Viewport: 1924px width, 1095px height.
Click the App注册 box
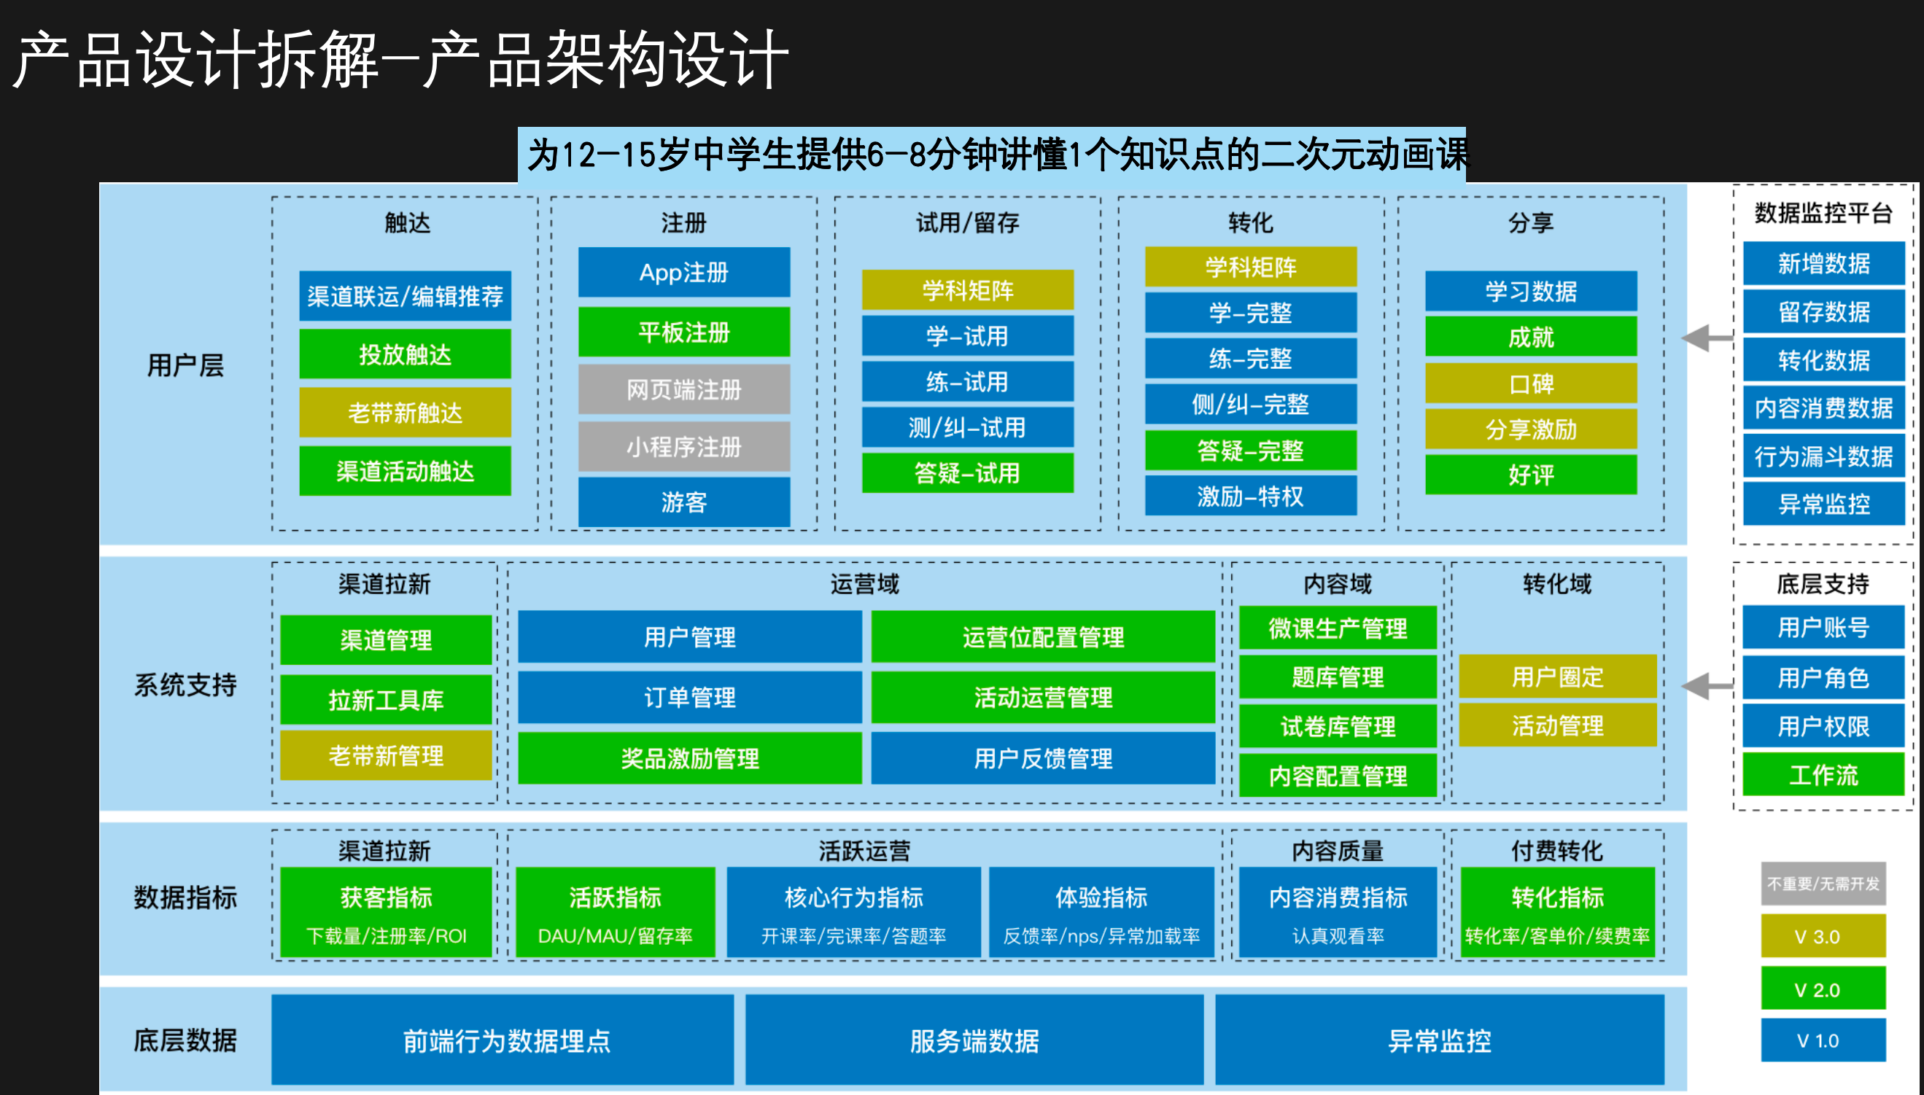tap(683, 272)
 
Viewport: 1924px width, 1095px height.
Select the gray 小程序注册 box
tap(683, 447)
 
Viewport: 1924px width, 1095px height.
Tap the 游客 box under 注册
tap(683, 502)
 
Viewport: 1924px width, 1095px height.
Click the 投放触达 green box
tap(405, 354)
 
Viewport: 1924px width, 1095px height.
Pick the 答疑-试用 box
tap(967, 473)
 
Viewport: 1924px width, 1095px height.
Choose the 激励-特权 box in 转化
tap(1250, 496)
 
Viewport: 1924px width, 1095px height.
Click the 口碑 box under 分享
tap(1531, 383)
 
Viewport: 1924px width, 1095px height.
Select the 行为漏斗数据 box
tap(1823, 456)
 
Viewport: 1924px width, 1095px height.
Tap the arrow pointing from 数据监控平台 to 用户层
tap(1707, 338)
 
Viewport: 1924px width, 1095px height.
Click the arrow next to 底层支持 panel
tap(1707, 685)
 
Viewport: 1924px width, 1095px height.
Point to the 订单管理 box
tap(690, 697)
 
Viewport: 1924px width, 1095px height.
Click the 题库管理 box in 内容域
tap(1338, 677)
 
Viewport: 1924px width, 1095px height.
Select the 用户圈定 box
tap(1558, 677)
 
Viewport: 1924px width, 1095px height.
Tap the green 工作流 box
tap(1823, 774)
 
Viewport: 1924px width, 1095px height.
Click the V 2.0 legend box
tap(1823, 989)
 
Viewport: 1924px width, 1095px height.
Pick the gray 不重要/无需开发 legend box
tap(1823, 884)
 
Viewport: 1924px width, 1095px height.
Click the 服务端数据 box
tap(974, 1040)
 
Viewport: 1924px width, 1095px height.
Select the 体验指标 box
tap(1101, 912)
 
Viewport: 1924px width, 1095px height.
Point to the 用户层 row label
tap(185, 365)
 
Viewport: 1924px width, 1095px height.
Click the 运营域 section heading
tap(864, 584)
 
